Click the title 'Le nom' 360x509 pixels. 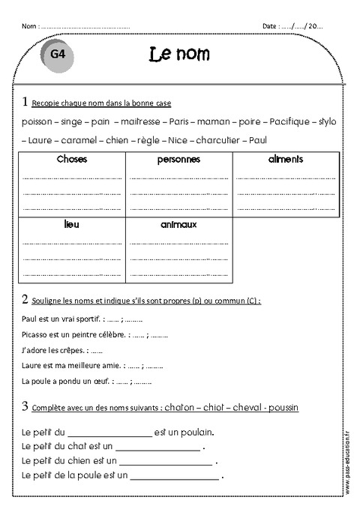click(x=179, y=54)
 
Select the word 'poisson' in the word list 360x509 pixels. click(x=37, y=121)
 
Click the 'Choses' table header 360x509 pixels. click(x=72, y=160)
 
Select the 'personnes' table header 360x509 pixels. click(x=178, y=160)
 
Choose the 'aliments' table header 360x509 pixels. click(x=286, y=160)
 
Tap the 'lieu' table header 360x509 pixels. click(x=72, y=224)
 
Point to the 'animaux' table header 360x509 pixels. click(x=178, y=224)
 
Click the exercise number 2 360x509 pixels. click(x=25, y=300)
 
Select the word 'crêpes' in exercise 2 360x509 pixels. click(x=71, y=350)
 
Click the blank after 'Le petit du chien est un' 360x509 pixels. click(x=161, y=461)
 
